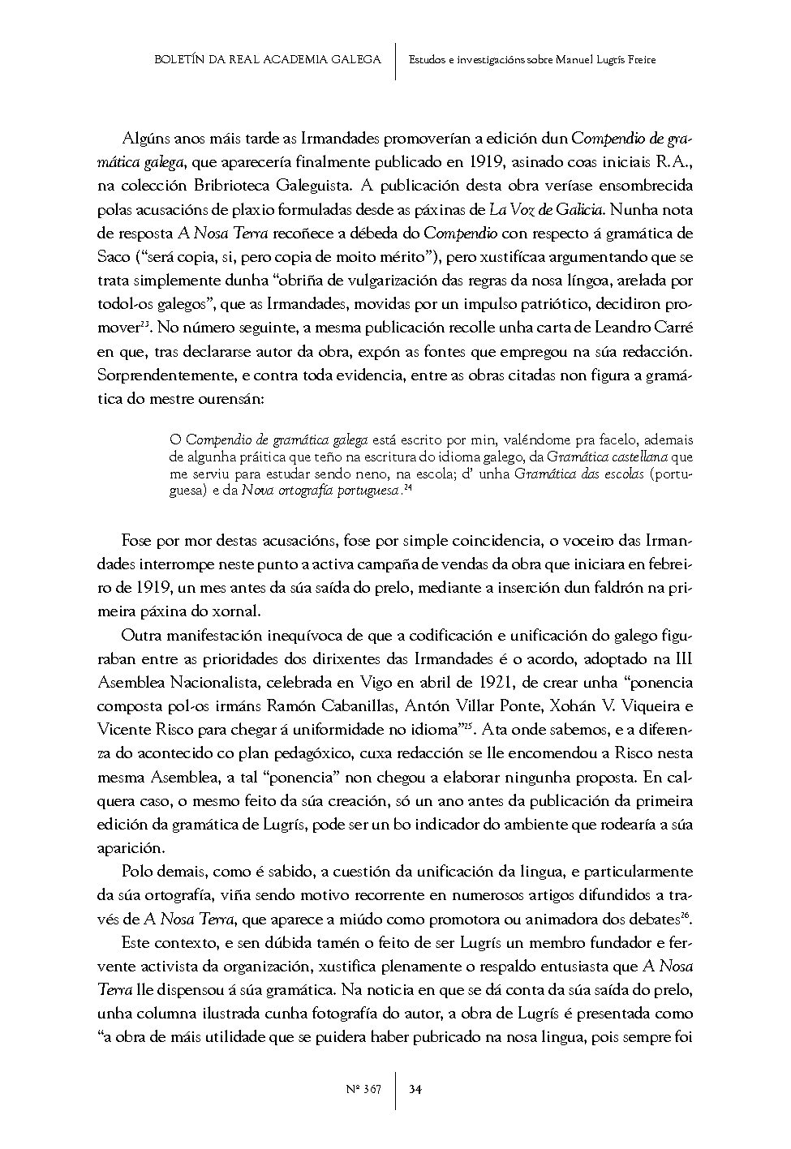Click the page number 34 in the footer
pyautogui.click(x=415, y=1088)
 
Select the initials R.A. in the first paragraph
pyautogui.click(x=673, y=163)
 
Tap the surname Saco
pyautogui.click(x=112, y=258)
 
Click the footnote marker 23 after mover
pyautogui.click(x=144, y=326)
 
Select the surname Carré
pyautogui.click(x=670, y=329)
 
